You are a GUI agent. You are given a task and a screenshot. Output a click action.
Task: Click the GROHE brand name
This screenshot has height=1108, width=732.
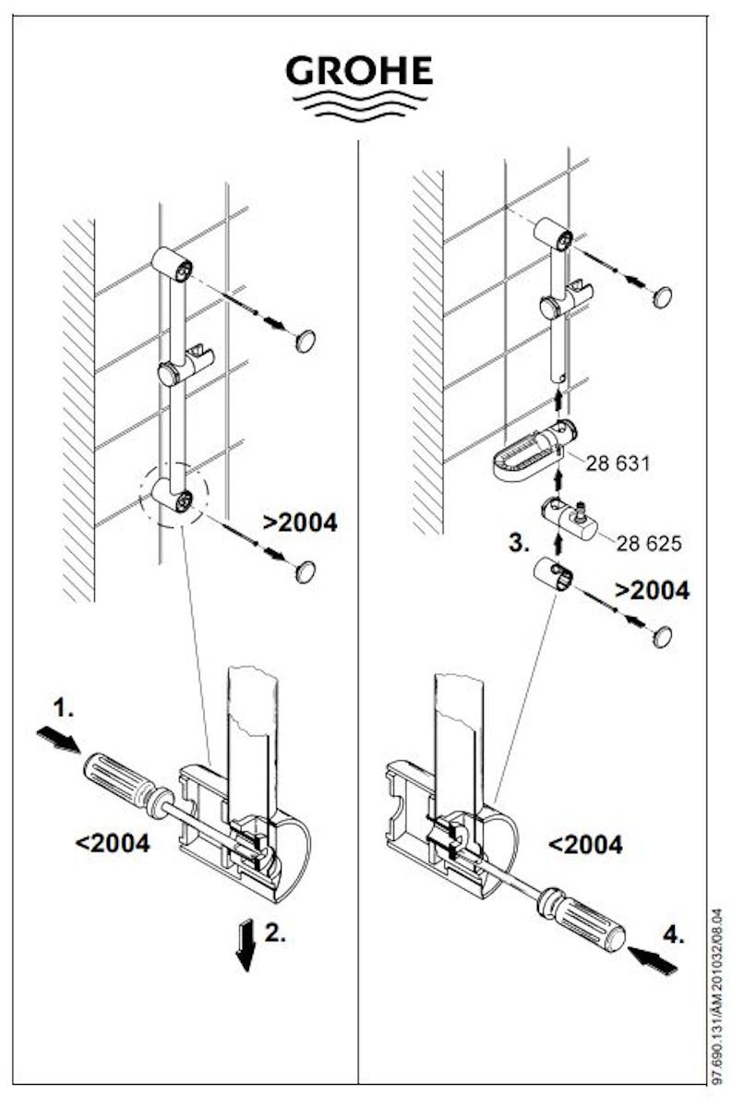pos(360,71)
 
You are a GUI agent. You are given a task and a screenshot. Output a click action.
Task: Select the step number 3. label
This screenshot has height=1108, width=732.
pos(520,543)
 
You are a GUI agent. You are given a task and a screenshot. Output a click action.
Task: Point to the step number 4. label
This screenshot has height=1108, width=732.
pos(674,934)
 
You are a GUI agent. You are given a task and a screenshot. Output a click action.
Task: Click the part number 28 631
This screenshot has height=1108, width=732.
pos(618,463)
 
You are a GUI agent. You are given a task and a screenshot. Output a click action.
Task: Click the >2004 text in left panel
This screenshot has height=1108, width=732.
pos(300,523)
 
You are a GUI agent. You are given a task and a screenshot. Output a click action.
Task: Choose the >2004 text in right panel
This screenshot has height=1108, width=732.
pos(652,590)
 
